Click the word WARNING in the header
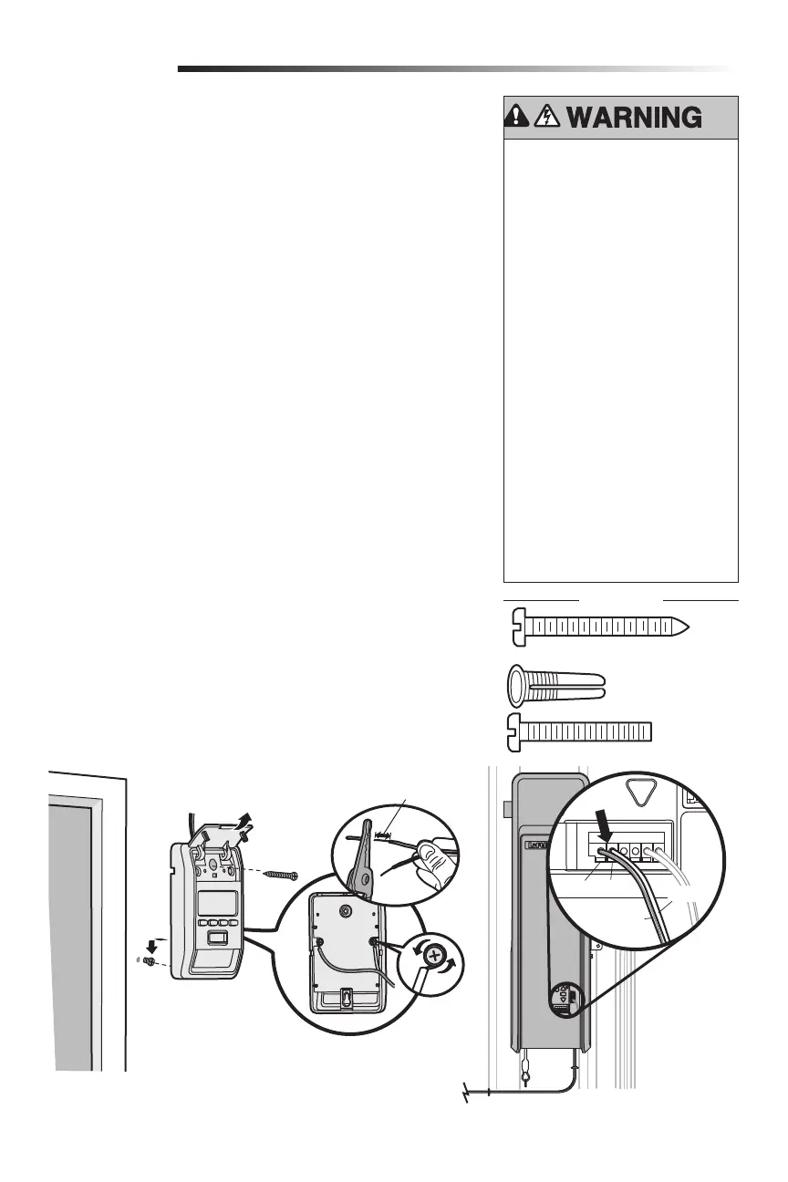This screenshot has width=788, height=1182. pyautogui.click(x=635, y=118)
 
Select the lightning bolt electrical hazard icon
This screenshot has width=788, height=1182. pyautogui.click(x=549, y=117)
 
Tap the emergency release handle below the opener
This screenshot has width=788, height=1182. pyautogui.click(x=526, y=1076)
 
